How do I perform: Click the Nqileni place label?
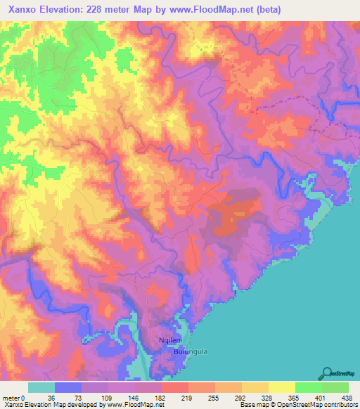172,339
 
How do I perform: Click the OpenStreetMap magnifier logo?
328,373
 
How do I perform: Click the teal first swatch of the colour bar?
41,387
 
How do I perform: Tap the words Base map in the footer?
250,405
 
